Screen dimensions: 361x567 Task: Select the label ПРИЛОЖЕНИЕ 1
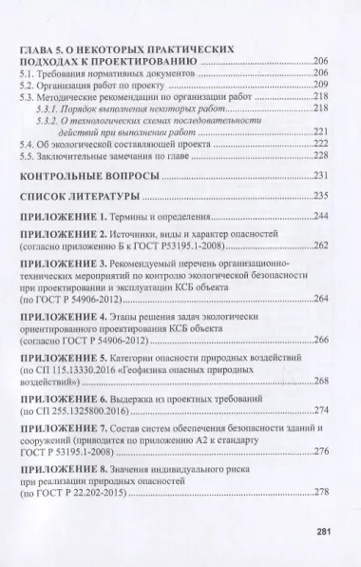coord(89,218)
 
